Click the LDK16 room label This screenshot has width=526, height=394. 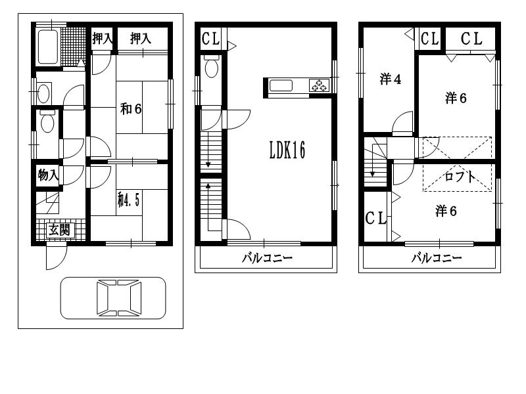(287, 150)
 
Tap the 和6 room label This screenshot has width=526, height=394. (131, 109)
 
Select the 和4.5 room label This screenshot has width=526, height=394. (128, 200)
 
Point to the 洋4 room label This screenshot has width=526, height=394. (391, 79)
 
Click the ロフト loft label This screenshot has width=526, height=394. (460, 177)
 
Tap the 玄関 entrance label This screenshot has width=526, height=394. (59, 230)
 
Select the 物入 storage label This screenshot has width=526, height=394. (48, 175)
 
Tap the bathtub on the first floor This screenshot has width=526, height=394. (47, 47)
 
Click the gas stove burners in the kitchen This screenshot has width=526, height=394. (319, 85)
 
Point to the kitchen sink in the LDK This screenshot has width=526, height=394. (281, 85)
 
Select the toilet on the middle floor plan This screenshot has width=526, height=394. (211, 66)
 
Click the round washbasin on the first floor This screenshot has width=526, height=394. (43, 93)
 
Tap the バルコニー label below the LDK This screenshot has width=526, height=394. (268, 258)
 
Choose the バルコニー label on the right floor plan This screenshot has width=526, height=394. (437, 258)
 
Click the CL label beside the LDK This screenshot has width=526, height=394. (210, 39)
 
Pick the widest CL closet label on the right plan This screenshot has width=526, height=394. (471, 39)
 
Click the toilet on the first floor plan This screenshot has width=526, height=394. (47, 121)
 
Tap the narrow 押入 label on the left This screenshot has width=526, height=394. (103, 39)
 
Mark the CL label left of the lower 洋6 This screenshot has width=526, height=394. (375, 218)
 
